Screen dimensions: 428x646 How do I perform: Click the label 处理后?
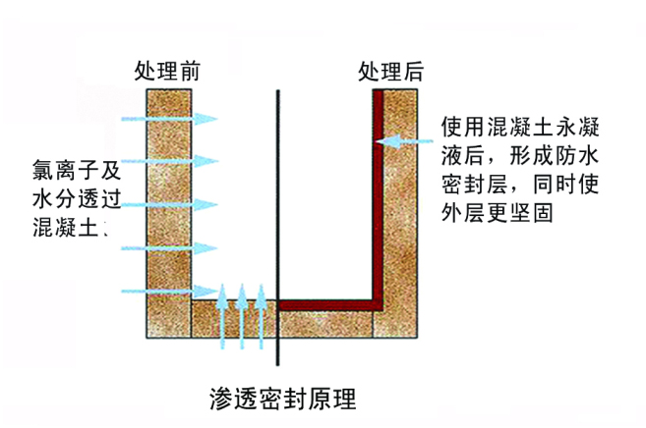click(390, 72)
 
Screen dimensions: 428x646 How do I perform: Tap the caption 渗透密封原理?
click(282, 400)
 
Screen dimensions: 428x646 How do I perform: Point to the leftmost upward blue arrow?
click(222, 316)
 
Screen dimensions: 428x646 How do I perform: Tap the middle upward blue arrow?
click(242, 316)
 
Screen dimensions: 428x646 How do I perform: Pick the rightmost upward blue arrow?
click(262, 316)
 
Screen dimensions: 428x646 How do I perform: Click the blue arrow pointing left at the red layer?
click(407, 141)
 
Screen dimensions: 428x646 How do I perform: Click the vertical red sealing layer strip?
click(378, 196)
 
